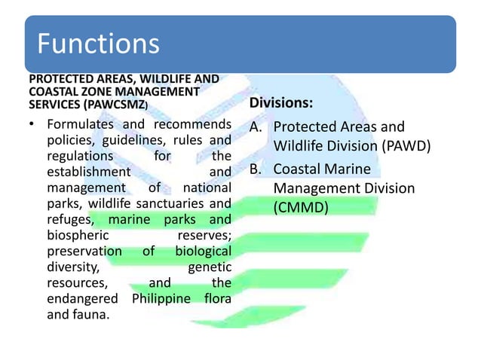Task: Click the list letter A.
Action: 257,127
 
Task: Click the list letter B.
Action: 257,169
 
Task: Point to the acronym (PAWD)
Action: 406,146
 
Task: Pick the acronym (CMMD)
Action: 301,206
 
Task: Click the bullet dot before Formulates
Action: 32,124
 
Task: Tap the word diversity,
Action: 72,267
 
